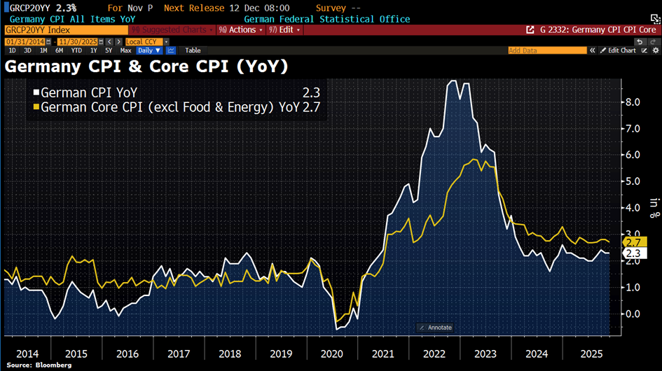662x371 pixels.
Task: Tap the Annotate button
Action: (435, 328)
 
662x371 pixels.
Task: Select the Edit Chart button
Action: (621, 50)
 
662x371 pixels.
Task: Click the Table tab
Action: (193, 50)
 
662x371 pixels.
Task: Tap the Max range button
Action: (125, 50)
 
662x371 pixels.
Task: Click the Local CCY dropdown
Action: (143, 41)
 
